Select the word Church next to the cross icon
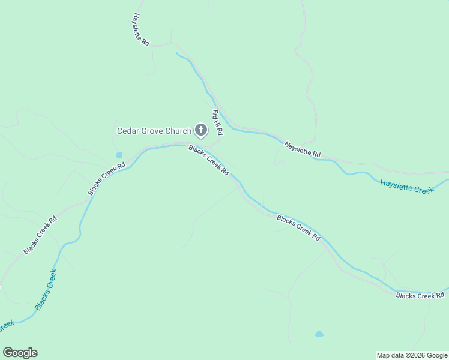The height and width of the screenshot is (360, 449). pyautogui.click(x=179, y=131)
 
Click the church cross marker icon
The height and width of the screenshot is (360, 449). pyautogui.click(x=201, y=130)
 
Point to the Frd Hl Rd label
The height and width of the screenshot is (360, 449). pyautogui.click(x=217, y=122)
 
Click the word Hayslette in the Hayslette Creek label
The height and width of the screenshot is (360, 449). pyautogui.click(x=397, y=185)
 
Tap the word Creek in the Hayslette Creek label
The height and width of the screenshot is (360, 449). pyautogui.click(x=424, y=190)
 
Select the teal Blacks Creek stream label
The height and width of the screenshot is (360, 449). pyautogui.click(x=46, y=289)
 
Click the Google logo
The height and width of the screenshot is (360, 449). pyautogui.click(x=20, y=353)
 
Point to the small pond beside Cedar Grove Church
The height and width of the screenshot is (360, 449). pyautogui.click(x=119, y=155)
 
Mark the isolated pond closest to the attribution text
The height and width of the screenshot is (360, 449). pyautogui.click(x=319, y=334)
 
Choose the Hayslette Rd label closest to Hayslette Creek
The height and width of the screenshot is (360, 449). pyautogui.click(x=303, y=149)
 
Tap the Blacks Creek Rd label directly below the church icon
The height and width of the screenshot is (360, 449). pyautogui.click(x=209, y=160)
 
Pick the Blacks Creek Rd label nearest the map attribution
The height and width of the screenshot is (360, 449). pyautogui.click(x=420, y=295)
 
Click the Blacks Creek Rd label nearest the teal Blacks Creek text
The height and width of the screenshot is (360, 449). pyautogui.click(x=40, y=234)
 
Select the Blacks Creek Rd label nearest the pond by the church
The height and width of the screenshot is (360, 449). pyautogui.click(x=106, y=179)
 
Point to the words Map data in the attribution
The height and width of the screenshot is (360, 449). pyautogui.click(x=390, y=355)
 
